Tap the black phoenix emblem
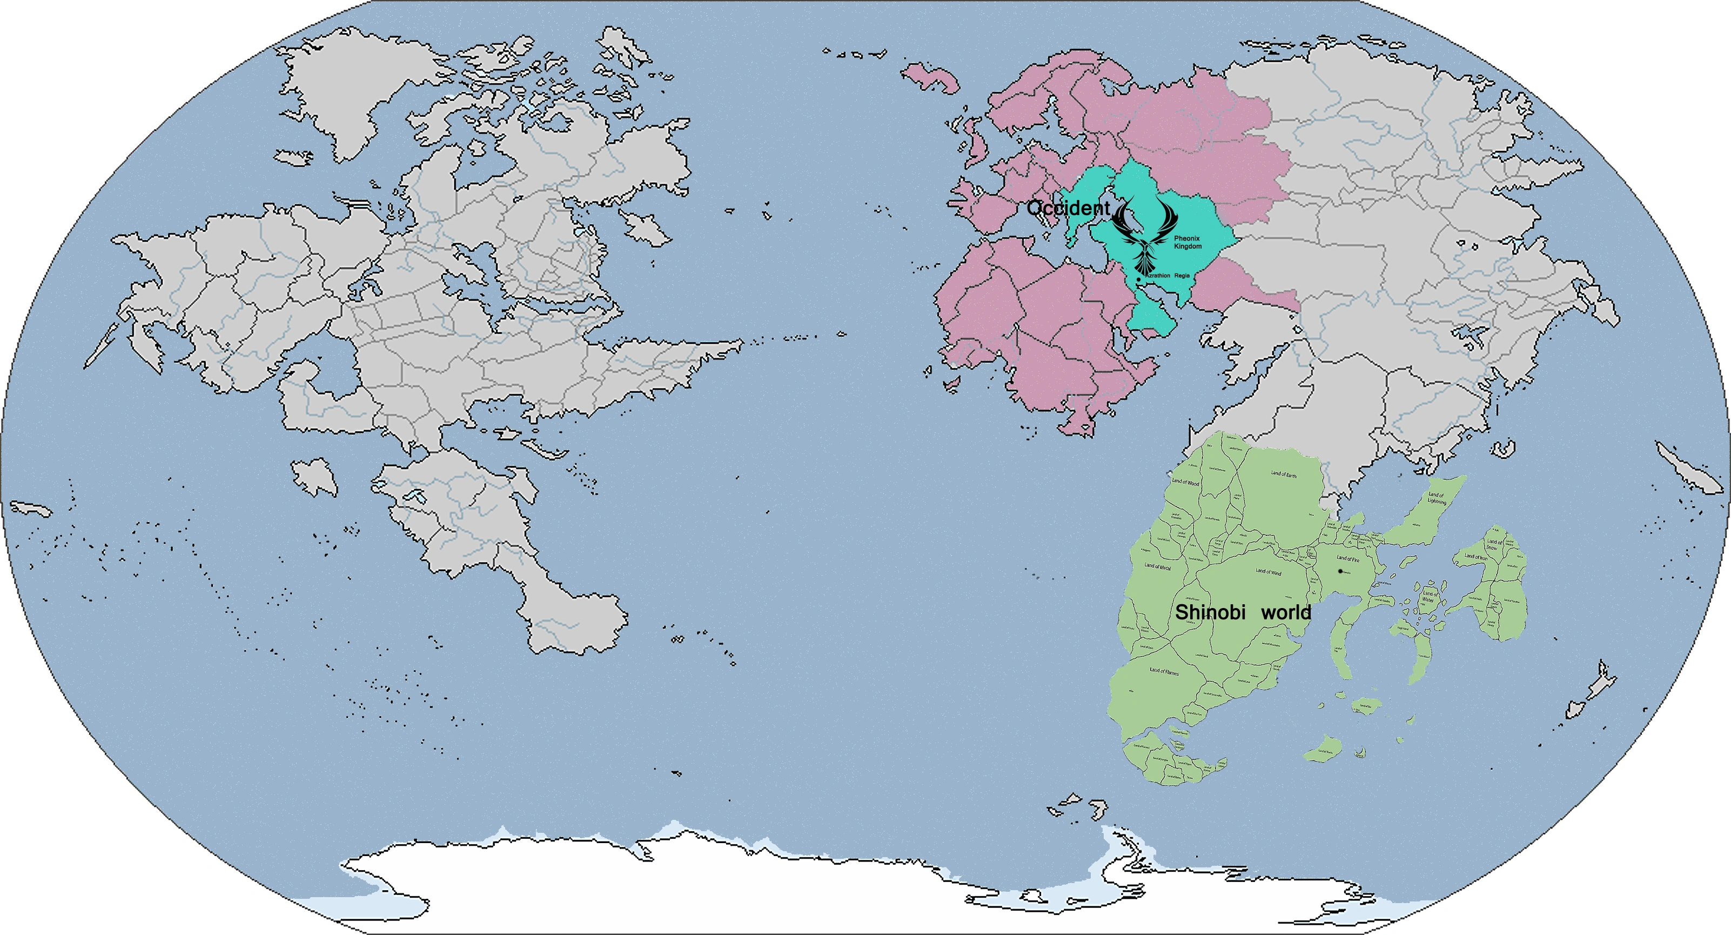[x=1145, y=232]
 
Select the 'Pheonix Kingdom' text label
[x=1187, y=243]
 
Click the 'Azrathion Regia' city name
[x=1168, y=276]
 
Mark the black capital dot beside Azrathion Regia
[x=1138, y=279]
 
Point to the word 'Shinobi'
[x=1210, y=612]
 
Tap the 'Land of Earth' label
[x=1284, y=474]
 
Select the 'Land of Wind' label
[x=1269, y=572]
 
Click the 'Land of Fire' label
[x=1348, y=559]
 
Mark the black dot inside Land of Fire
[x=1340, y=571]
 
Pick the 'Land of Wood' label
[x=1185, y=482]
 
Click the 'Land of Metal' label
[x=1158, y=566]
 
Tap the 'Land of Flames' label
[x=1164, y=671]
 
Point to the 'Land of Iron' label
[x=1475, y=557]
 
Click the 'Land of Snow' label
[x=1493, y=544]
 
